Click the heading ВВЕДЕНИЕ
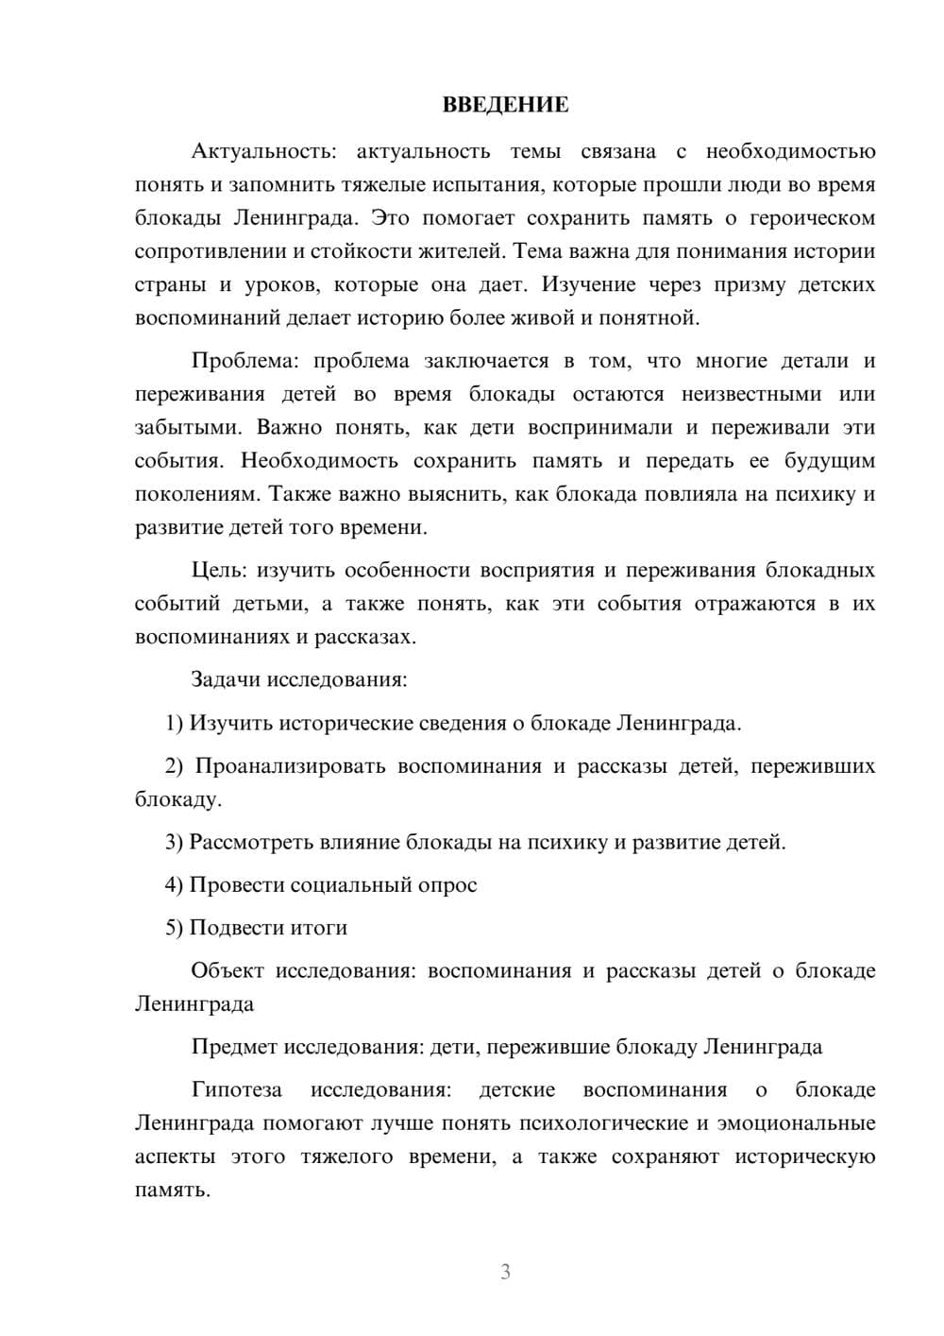505,105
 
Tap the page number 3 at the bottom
505,1272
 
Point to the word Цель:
219,571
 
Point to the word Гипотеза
236,1090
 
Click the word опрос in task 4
450,885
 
